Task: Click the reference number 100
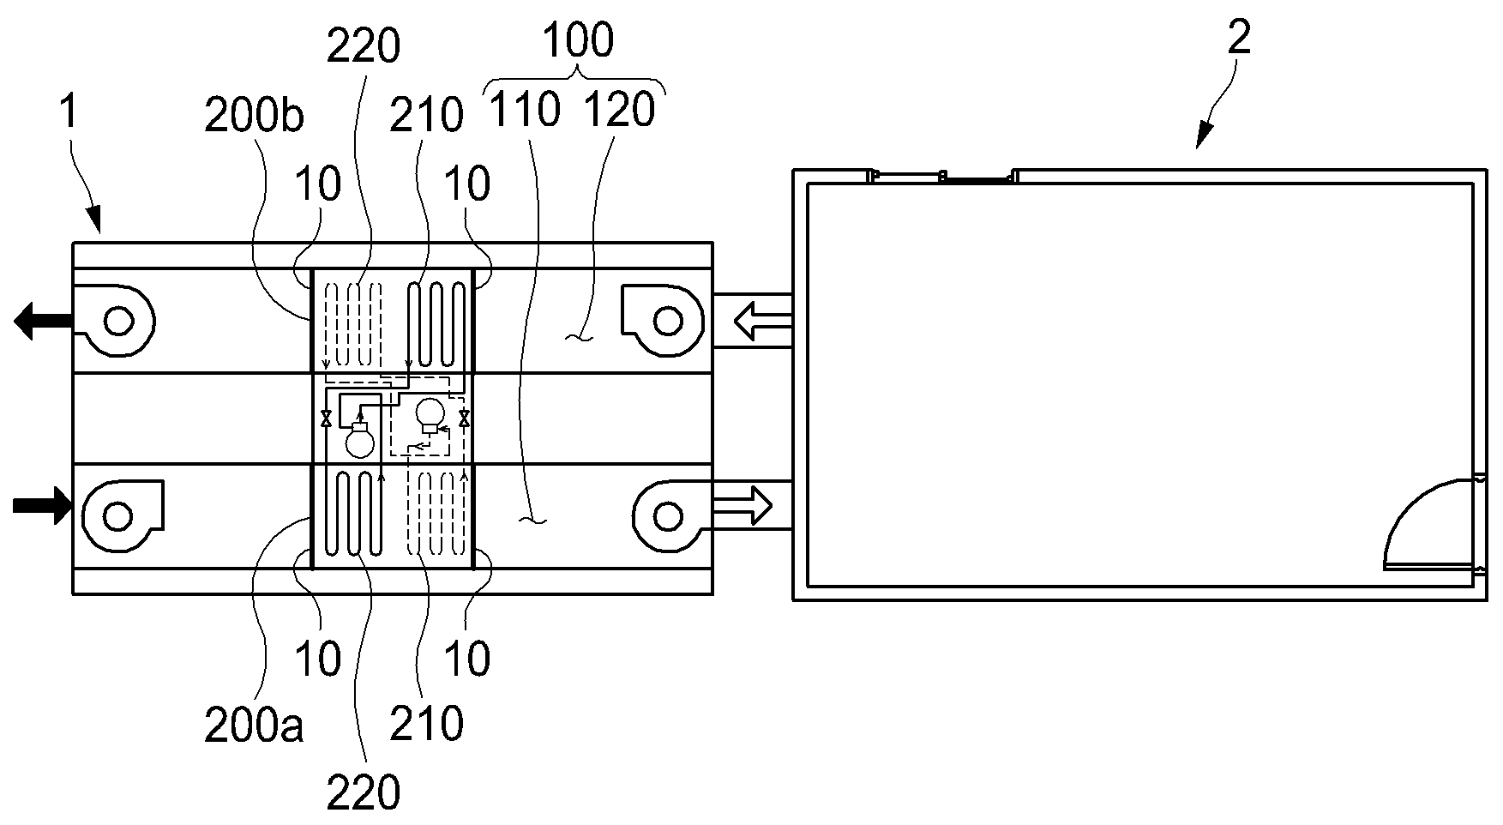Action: (x=578, y=40)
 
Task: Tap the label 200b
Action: (x=254, y=117)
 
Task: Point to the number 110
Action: (x=524, y=109)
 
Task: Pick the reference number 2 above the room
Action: (x=1240, y=38)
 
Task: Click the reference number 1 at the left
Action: (x=72, y=117)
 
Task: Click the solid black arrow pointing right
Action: (x=41, y=505)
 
